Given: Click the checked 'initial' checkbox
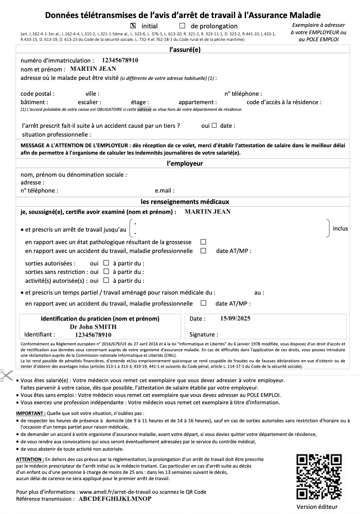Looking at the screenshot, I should coord(133,26).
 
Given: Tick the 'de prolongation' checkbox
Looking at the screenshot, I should coord(182,26).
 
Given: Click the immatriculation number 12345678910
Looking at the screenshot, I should coord(120,60).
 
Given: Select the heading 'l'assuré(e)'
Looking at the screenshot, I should coord(185,50).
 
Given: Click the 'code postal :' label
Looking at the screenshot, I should coord(38,94).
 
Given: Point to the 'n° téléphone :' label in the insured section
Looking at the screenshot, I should coord(243,94).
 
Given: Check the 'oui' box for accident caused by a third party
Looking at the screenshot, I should coord(214,126).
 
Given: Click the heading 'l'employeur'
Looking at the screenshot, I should coord(185,163).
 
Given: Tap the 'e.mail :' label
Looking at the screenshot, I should coord(165,191).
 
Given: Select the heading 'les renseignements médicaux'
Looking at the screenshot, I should coord(185,202).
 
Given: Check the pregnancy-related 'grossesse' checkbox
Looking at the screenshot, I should coord(203,242).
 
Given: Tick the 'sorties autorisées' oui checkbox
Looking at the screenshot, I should coord(106,263).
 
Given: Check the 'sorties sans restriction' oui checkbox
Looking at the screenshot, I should coord(106,271).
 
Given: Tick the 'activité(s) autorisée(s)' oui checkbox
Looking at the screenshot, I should coord(106,280).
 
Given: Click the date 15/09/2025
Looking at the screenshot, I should coord(235,318).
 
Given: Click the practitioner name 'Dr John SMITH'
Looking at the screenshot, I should coord(93,327).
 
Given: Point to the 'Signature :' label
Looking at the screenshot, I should coord(204,335).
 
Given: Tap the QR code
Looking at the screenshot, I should coord(319,477).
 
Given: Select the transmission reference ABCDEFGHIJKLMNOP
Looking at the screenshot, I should coord(115,499).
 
